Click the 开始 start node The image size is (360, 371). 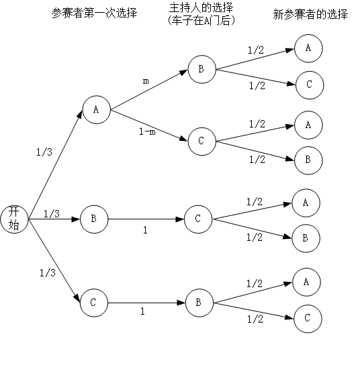(x=14, y=218)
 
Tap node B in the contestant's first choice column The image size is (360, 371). (x=93, y=219)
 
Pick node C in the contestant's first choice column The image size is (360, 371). (x=93, y=303)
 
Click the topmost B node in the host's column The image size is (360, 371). (x=201, y=69)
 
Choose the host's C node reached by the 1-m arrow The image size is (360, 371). (x=201, y=142)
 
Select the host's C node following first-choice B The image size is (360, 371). (x=197, y=219)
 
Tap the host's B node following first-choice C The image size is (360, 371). (x=199, y=303)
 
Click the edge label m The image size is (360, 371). (x=146, y=81)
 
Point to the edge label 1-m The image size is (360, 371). (x=147, y=131)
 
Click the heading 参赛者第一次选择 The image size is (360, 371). (x=94, y=13)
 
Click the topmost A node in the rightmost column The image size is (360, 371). (x=308, y=48)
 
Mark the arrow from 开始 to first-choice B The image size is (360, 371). (x=54, y=219)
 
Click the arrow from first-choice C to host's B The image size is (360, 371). (x=146, y=303)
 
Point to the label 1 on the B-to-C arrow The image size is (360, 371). (x=144, y=229)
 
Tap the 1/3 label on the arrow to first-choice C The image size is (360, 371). (x=47, y=272)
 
